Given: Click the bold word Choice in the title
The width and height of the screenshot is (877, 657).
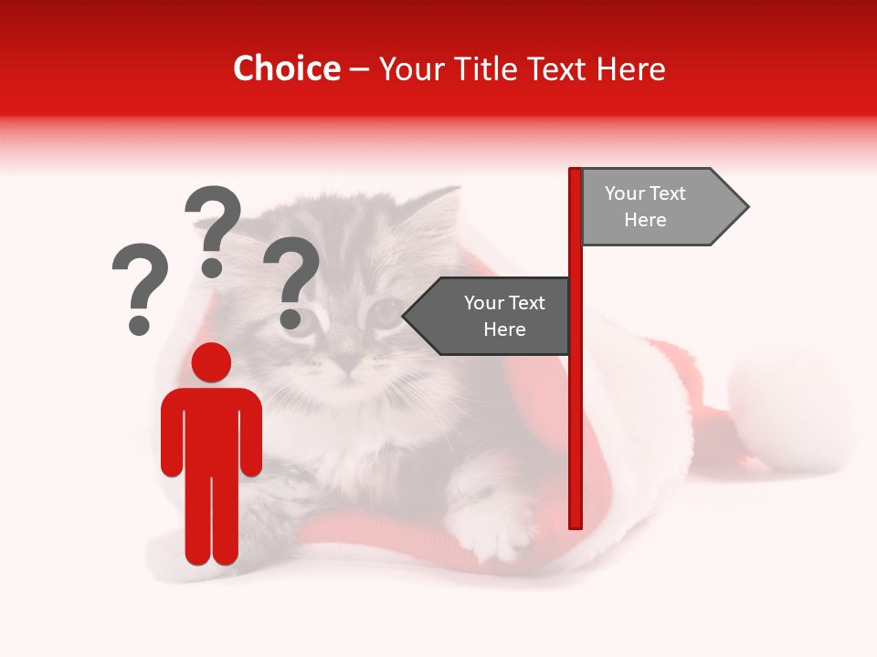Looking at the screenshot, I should tap(286, 68).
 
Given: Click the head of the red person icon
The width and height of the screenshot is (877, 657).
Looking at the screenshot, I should tap(211, 362).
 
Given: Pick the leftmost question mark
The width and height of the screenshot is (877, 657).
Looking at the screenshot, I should tap(140, 283).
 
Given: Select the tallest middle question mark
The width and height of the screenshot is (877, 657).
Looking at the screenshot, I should tap(213, 228).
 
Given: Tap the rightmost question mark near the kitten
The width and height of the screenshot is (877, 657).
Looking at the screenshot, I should tap(291, 278).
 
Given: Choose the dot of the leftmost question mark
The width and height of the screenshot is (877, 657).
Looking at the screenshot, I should tap(140, 324).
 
